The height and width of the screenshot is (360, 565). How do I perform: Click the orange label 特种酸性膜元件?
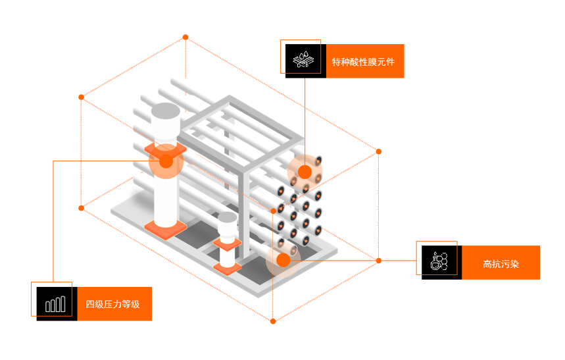coord(364,62)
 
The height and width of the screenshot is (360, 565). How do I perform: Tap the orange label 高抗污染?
coord(501,263)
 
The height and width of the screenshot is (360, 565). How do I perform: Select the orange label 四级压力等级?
coord(114,304)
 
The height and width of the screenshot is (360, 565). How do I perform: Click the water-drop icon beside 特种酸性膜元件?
coord(305,61)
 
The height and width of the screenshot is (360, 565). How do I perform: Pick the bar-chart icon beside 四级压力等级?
coord(56,303)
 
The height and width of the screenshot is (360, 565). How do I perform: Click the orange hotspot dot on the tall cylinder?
coord(166,161)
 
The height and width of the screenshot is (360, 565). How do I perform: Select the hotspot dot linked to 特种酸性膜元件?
coord(305,172)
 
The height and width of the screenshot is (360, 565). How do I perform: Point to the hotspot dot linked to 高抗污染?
coord(283,260)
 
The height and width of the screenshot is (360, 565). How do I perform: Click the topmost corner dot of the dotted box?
coord(185,37)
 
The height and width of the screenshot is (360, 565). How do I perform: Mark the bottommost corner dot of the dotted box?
coord(273,321)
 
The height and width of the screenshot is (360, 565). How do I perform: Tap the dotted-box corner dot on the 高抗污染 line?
coord(379,261)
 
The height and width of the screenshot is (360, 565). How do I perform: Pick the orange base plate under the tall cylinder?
coord(164,227)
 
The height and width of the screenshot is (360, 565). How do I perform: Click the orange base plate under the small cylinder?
coord(227,268)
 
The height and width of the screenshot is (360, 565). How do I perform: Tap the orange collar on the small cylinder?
coord(227,244)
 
